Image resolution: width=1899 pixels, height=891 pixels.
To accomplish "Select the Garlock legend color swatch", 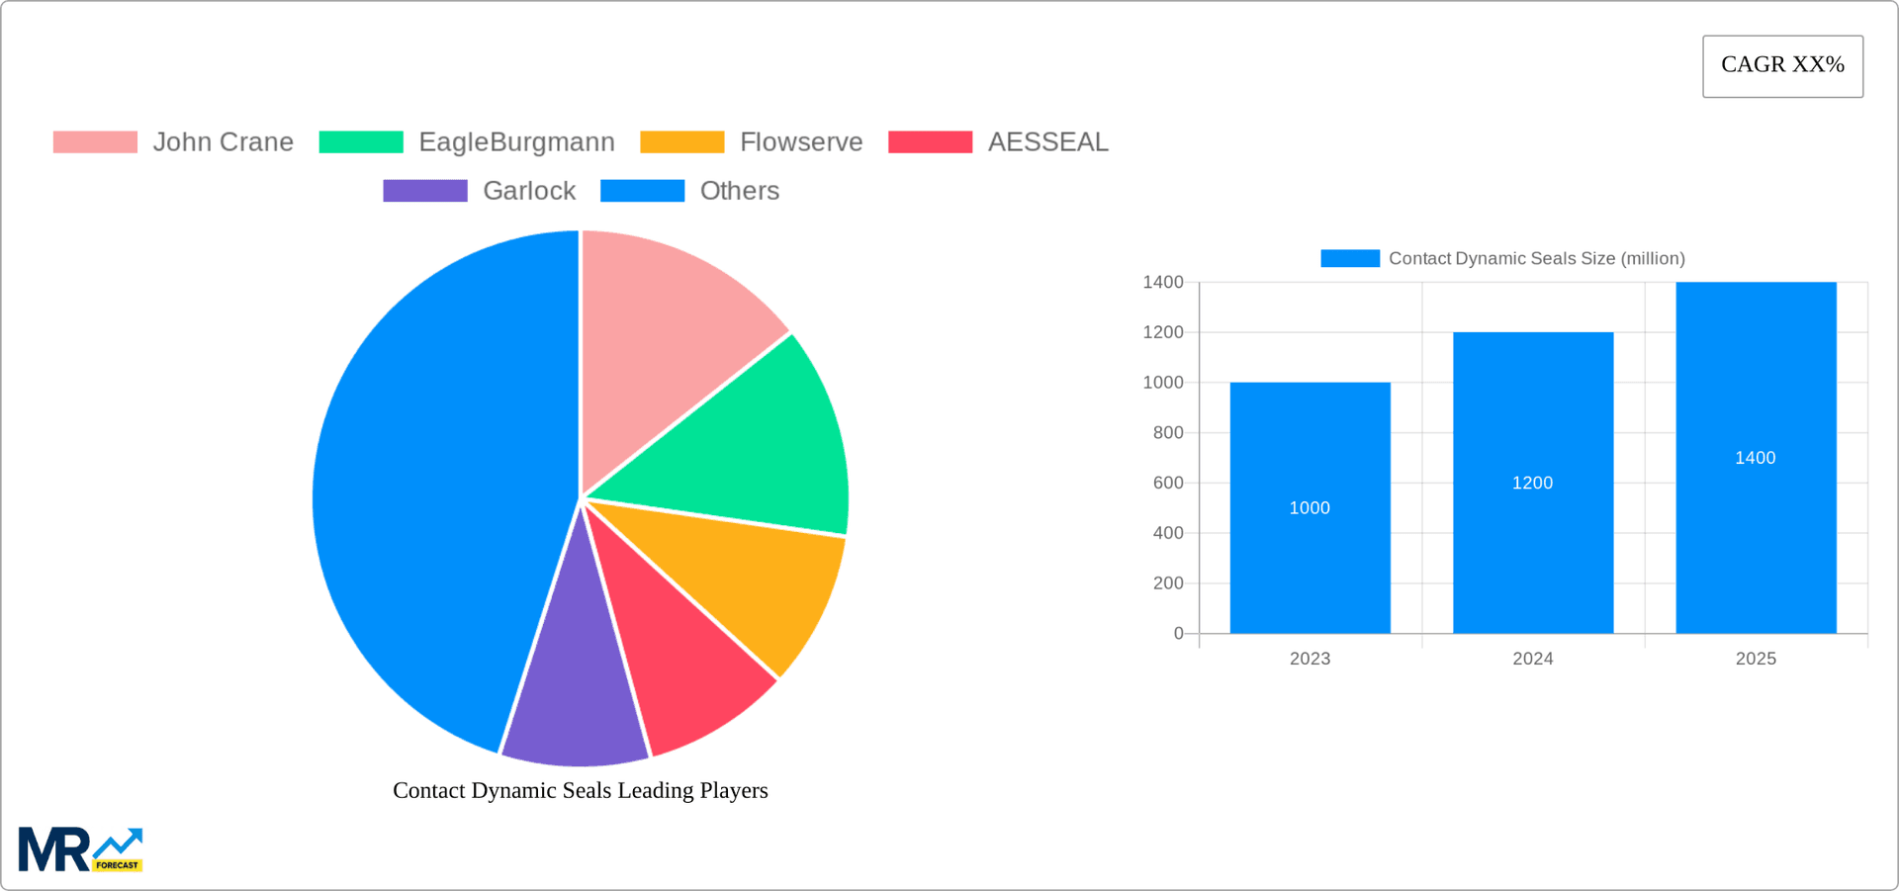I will [x=425, y=191].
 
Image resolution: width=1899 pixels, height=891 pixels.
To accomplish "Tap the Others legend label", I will [x=739, y=191].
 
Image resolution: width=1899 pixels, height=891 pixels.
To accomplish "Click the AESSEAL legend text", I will [x=1047, y=142].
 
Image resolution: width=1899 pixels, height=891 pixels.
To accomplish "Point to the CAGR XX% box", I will [x=1782, y=65].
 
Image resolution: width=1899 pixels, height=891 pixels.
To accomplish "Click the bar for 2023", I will [x=1310, y=554].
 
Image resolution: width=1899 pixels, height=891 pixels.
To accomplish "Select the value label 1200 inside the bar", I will [x=1532, y=483].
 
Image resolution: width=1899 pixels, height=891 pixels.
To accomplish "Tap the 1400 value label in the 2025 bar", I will [x=1755, y=458].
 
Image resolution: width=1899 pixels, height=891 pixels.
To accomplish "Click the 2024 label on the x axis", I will [x=1532, y=659].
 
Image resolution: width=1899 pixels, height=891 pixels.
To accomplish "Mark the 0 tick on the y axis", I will [x=1178, y=634].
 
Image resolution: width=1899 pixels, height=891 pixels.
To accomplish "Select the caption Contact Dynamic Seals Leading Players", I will [x=580, y=790].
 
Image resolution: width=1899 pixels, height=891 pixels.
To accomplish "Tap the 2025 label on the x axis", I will [x=1756, y=659].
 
